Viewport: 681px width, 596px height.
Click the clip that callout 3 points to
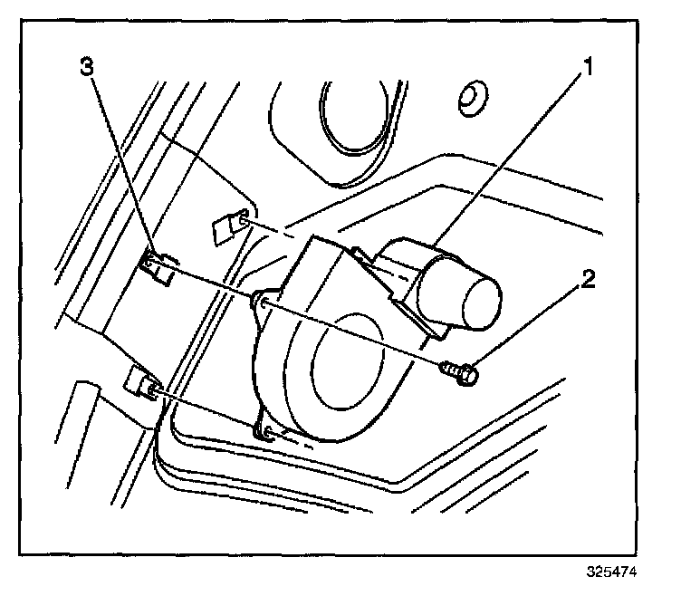click(x=158, y=268)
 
